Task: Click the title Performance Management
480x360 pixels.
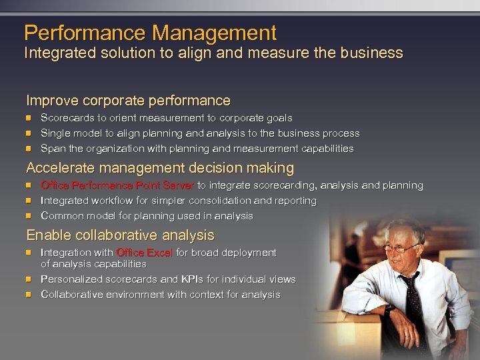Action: coord(150,33)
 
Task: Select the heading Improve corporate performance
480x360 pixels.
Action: coord(128,101)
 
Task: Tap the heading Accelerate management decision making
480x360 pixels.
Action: coord(159,168)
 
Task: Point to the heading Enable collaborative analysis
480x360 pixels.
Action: coord(120,235)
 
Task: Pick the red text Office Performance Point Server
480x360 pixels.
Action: coord(117,185)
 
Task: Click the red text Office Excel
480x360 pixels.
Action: coord(144,253)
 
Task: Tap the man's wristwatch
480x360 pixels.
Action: coord(387,309)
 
